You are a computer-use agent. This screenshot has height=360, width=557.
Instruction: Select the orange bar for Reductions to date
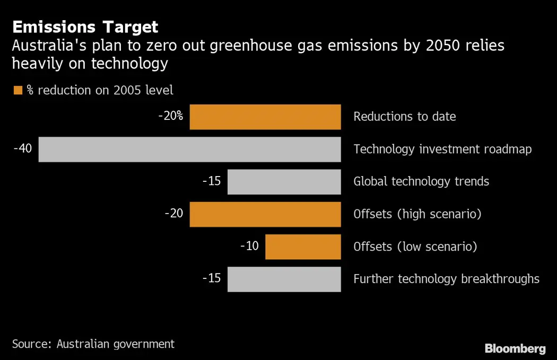pyautogui.click(x=265, y=117)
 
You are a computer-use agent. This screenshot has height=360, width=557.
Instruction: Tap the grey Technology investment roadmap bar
pyautogui.click(x=189, y=150)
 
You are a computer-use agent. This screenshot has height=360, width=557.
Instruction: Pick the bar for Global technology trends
pyautogui.click(x=284, y=182)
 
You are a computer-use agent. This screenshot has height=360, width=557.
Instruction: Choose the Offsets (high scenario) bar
pyautogui.click(x=265, y=214)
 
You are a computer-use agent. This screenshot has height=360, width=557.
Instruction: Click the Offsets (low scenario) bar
pyautogui.click(x=303, y=247)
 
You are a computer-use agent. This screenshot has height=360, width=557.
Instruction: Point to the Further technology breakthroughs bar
pyautogui.click(x=284, y=279)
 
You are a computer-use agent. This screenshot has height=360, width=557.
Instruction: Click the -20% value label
pyautogui.click(x=170, y=116)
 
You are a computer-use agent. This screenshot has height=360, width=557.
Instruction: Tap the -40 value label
pyautogui.click(x=23, y=148)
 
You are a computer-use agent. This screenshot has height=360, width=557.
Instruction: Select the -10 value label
pyautogui.click(x=249, y=246)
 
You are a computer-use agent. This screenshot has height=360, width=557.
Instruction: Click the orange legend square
pyautogui.click(x=18, y=90)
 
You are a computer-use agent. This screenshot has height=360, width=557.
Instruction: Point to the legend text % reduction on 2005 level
pyautogui.click(x=100, y=90)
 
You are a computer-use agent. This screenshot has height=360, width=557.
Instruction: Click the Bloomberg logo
pyautogui.click(x=515, y=348)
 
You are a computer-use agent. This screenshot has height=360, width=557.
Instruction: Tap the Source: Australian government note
pyautogui.click(x=93, y=344)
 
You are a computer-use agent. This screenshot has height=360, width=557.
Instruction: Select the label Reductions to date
pyautogui.click(x=405, y=117)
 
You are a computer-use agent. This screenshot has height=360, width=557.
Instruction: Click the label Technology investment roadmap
pyautogui.click(x=442, y=150)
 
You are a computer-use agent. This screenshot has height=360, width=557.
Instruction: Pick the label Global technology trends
pyautogui.click(x=421, y=182)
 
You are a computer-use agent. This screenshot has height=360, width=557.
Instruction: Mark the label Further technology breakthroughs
pyautogui.click(x=446, y=279)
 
